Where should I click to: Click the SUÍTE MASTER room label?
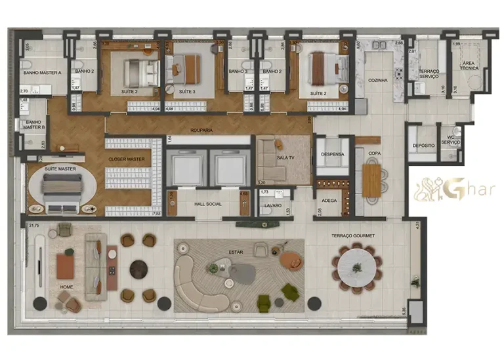60,169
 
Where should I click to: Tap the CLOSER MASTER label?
127,159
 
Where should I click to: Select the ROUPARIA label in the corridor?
201,130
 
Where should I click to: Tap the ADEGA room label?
329,201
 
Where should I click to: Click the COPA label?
374,154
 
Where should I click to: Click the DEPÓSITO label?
423,146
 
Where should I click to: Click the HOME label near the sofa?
66,287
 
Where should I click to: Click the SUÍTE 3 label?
187,92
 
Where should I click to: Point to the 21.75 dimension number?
34,225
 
